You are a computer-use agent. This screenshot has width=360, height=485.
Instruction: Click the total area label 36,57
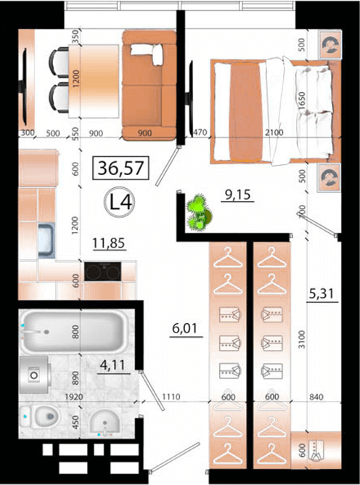121,168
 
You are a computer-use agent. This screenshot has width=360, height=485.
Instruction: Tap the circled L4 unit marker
119,202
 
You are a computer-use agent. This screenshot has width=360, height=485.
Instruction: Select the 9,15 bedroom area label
237,195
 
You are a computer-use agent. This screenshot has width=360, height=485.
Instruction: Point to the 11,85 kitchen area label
109,243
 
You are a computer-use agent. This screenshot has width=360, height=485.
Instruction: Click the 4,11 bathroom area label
112,365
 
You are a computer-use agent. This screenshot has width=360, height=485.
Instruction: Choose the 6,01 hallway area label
184,328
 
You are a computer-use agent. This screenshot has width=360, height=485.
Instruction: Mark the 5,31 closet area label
322,293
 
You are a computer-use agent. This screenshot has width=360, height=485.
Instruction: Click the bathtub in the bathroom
74,332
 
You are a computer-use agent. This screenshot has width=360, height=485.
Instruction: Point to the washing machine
35,375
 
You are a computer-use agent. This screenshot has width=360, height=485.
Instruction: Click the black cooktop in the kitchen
102,272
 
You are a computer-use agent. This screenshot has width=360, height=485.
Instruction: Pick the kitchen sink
46,240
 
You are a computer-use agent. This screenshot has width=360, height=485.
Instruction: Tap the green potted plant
199,212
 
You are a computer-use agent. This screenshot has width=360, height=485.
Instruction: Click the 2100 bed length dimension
274,132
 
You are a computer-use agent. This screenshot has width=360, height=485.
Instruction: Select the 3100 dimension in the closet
302,339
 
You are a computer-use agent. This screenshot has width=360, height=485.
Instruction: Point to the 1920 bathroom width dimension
74,396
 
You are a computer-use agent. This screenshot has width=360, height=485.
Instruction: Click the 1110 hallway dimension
171,396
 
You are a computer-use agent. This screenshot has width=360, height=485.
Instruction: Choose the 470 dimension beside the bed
200,132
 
